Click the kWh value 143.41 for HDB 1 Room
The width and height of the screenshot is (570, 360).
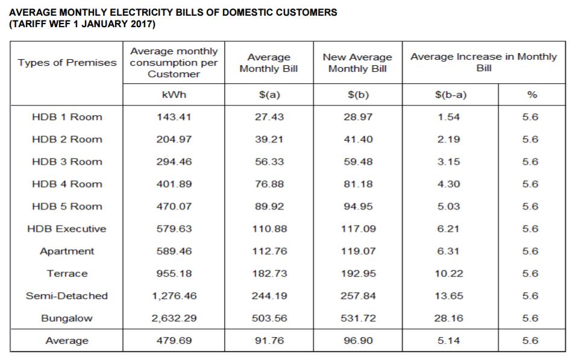click(174, 117)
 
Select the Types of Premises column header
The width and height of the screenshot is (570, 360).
click(67, 63)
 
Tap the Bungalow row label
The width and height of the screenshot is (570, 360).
click(67, 318)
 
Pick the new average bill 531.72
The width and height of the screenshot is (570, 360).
click(358, 318)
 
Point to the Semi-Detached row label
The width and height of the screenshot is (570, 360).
click(67, 296)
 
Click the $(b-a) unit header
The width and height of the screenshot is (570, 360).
click(451, 95)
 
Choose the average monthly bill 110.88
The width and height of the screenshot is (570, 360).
click(269, 229)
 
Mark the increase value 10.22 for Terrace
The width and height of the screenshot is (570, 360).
click(449, 274)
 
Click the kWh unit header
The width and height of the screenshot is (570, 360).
click(174, 95)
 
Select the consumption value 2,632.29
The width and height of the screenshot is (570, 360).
click(174, 318)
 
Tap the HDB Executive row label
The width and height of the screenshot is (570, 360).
click(67, 229)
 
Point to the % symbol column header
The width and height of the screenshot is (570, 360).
click(532, 95)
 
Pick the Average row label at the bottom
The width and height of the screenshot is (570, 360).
click(67, 341)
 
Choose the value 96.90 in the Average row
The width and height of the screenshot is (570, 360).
click(358, 341)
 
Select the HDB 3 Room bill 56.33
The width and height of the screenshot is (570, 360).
click(269, 162)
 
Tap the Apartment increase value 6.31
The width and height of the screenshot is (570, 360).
click(449, 251)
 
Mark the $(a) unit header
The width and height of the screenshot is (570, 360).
click(269, 95)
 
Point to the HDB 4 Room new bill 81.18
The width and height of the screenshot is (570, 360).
click(358, 185)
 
